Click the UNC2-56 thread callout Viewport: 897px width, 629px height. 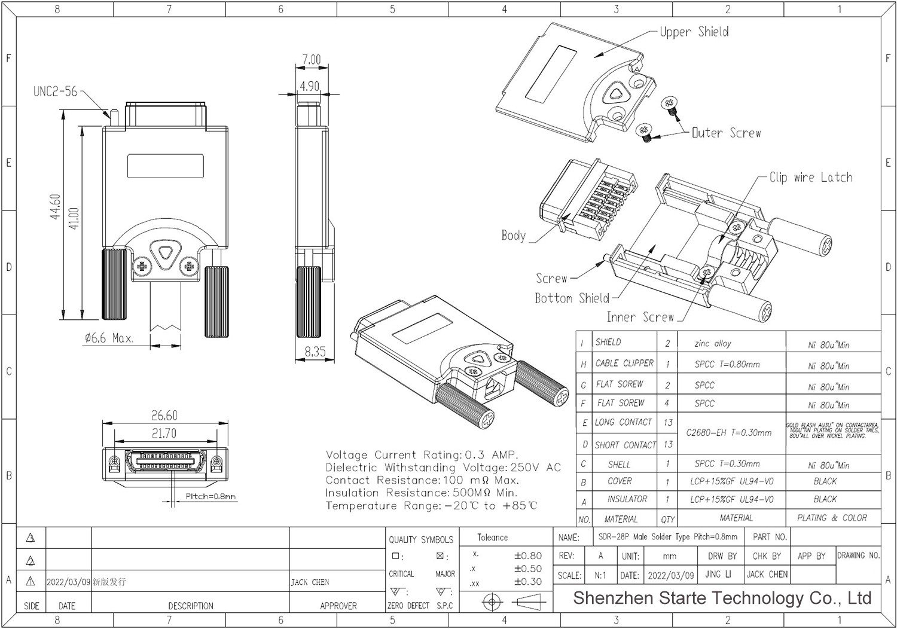tap(55, 91)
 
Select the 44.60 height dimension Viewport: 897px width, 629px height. tap(56, 207)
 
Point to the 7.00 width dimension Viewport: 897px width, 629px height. tap(311, 59)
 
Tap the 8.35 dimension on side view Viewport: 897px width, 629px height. tap(315, 352)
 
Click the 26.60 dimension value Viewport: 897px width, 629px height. tap(164, 415)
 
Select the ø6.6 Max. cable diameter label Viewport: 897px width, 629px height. tap(108, 338)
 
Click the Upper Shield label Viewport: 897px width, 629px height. tap(694, 32)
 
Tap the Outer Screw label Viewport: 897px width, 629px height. tap(726, 133)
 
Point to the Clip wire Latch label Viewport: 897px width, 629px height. tap(810, 177)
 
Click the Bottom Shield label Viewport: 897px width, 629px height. tap(572, 298)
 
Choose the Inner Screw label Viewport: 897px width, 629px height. tap(640, 317)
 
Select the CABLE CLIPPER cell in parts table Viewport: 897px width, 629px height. tap(624, 363)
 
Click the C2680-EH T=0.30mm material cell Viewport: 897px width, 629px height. tap(728, 432)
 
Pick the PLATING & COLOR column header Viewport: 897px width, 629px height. tap(831, 518)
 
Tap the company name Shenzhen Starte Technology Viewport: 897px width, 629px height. tap(721, 598)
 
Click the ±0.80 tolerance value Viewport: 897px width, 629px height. tap(527, 555)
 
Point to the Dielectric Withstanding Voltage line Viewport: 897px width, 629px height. tap(443, 468)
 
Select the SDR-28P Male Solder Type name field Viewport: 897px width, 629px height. tap(667, 537)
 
